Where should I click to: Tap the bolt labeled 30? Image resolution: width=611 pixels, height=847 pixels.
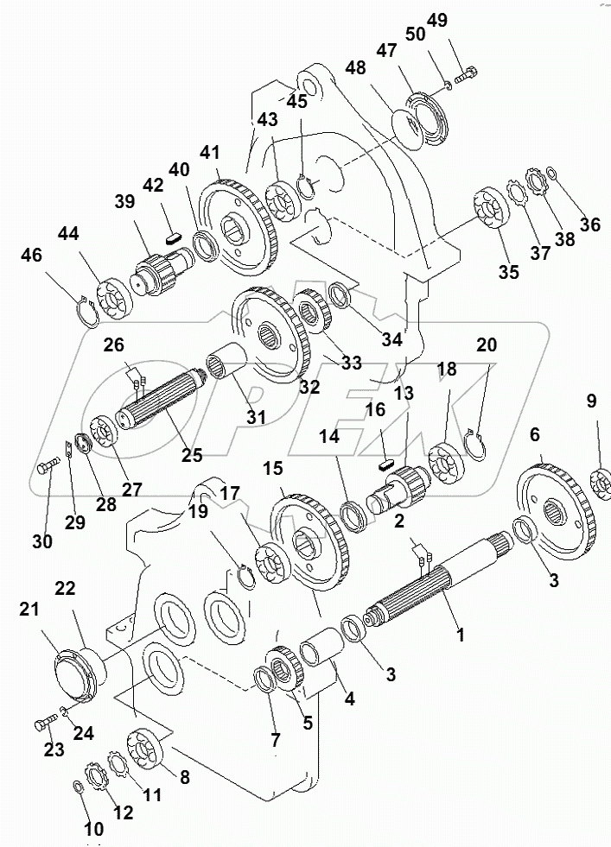pyautogui.click(x=48, y=468)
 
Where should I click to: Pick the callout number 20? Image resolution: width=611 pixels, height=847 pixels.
pyautogui.click(x=487, y=344)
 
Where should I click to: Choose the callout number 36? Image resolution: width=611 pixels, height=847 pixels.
pyautogui.click(x=590, y=224)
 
